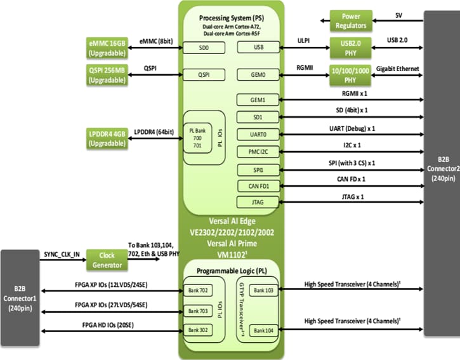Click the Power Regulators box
[x=354, y=21]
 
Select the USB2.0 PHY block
[x=355, y=48]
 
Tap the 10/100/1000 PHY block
[x=354, y=74]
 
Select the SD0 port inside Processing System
[x=203, y=48]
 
